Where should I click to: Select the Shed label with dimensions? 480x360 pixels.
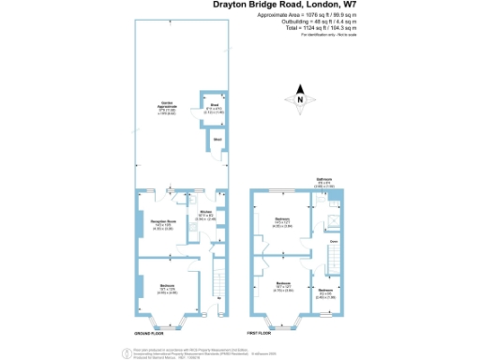coord(214,108)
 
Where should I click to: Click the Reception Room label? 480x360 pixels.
coord(161,224)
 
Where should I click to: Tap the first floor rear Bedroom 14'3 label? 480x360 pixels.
coord(282,223)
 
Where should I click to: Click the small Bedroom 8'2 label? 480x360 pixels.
coord(325,292)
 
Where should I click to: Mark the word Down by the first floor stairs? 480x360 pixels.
coord(333,241)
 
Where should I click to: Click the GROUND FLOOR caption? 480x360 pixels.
coord(151,333)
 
